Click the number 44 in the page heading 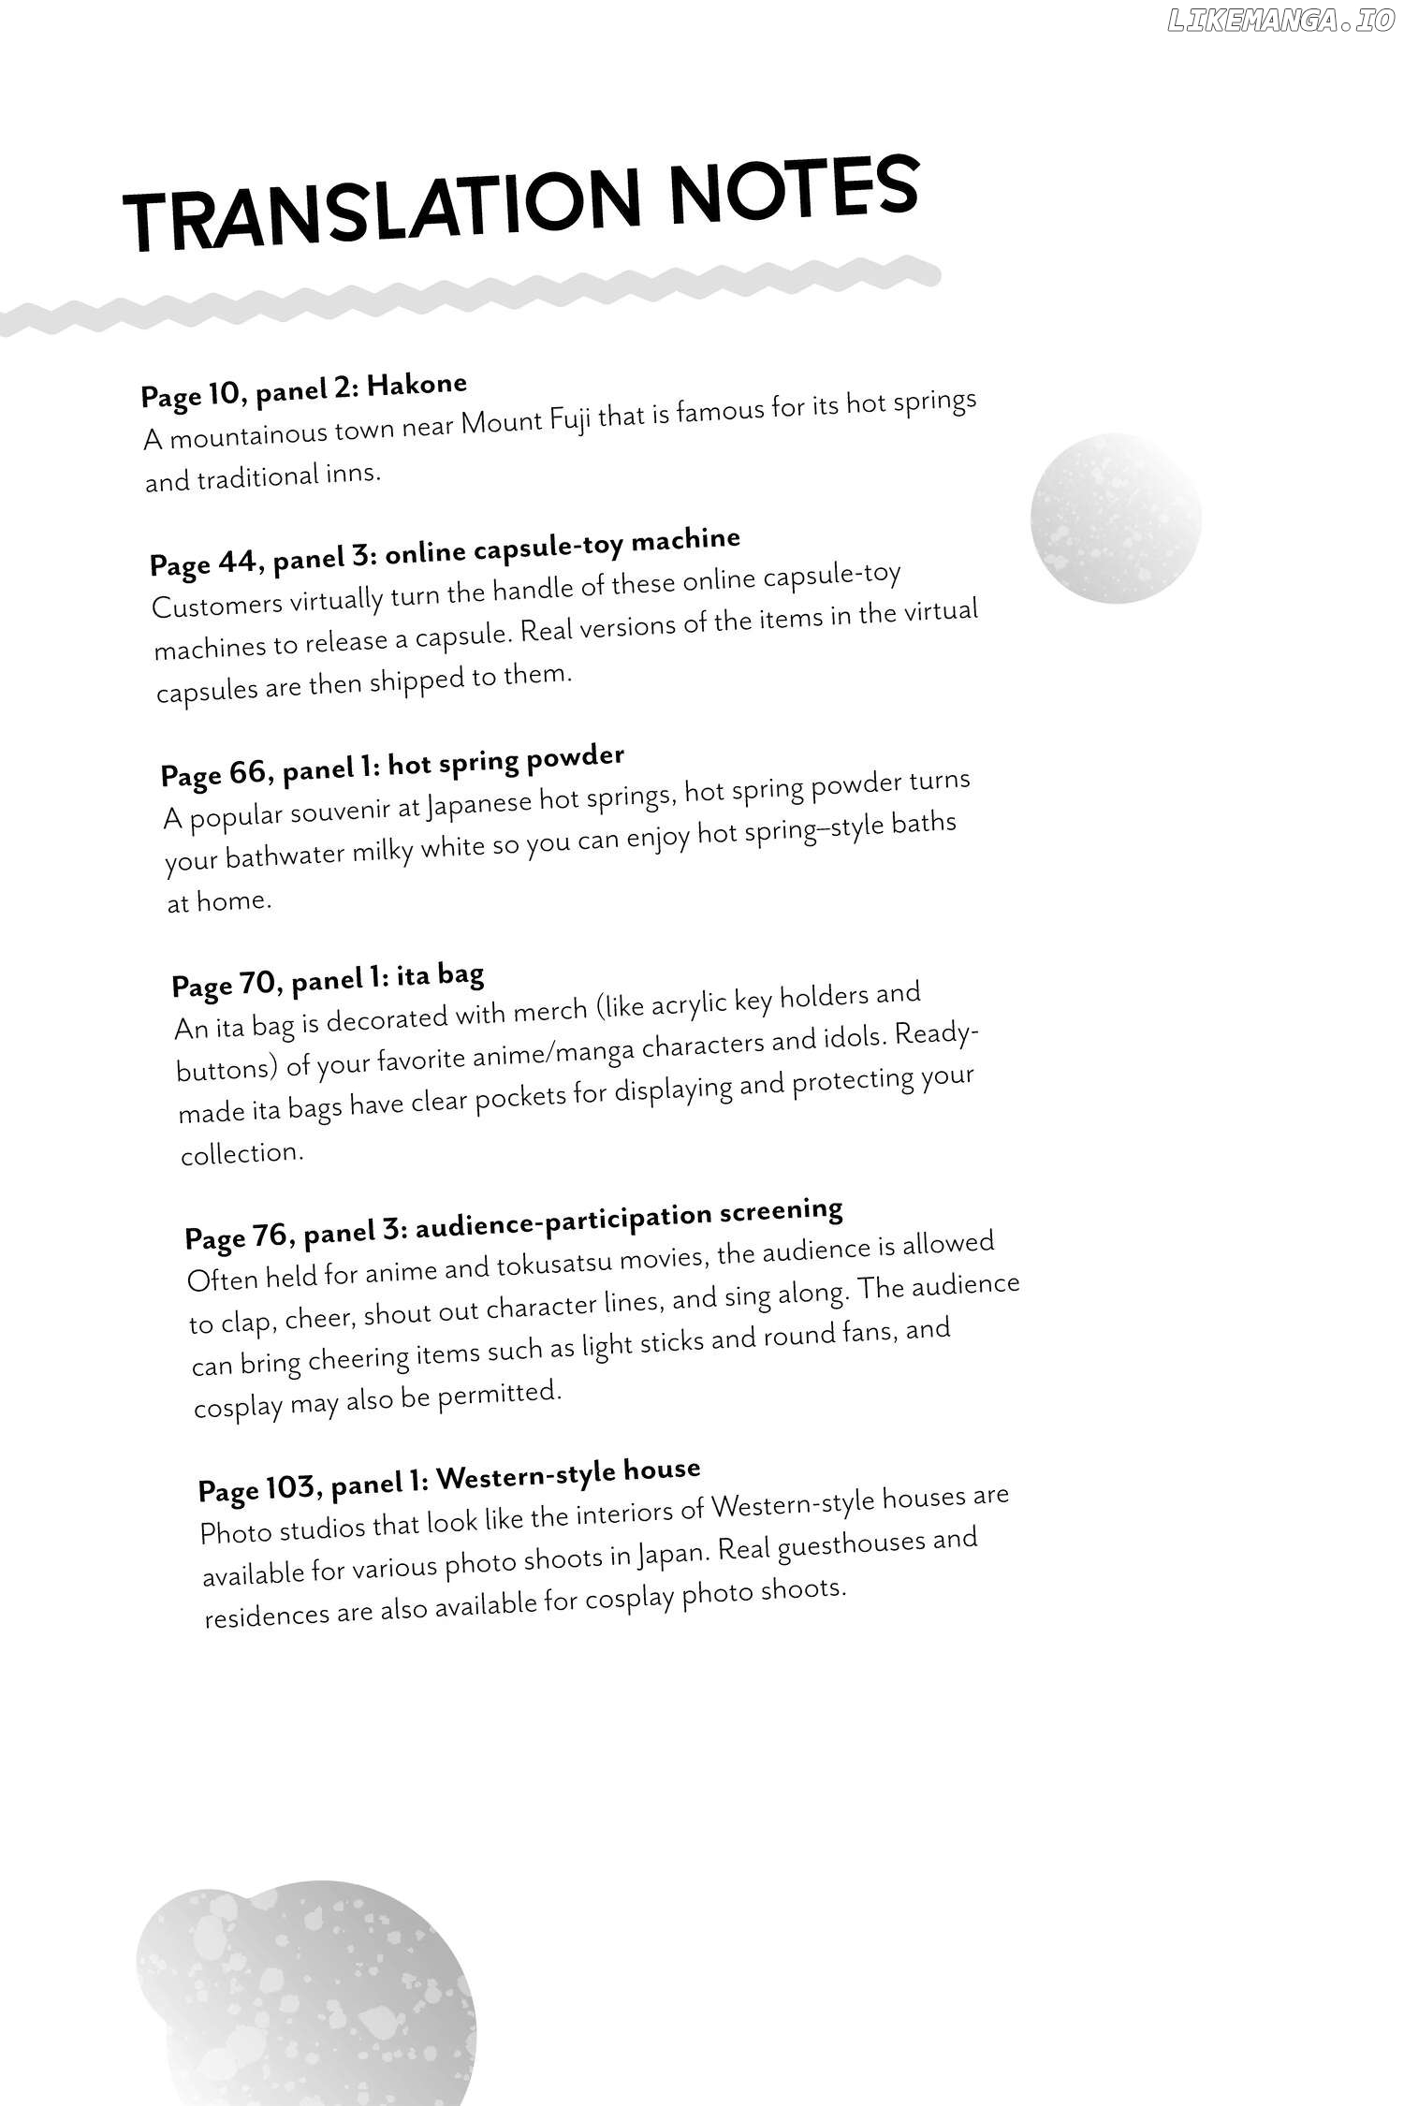(236, 562)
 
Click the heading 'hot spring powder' (505, 761)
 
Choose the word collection (241, 1154)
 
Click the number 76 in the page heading (267, 1236)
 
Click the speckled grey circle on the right (1115, 518)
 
